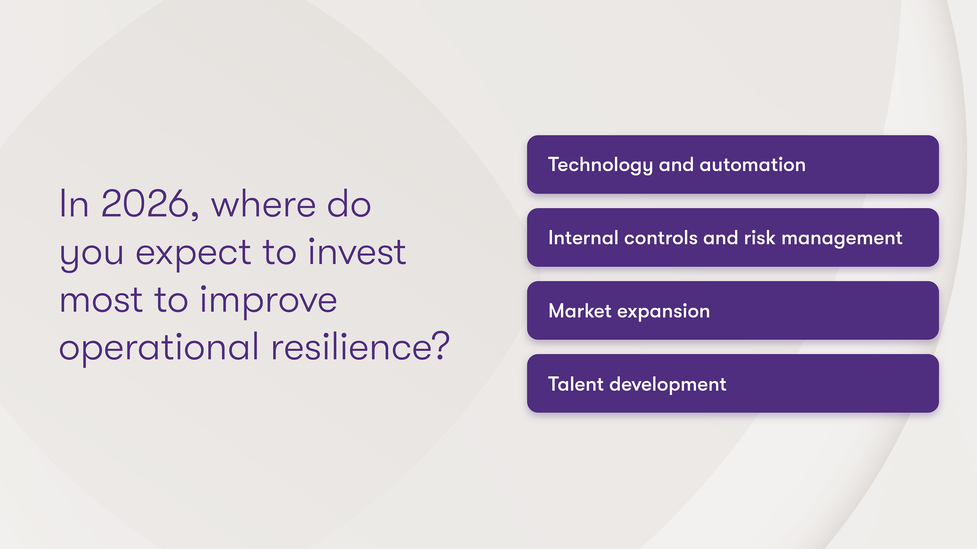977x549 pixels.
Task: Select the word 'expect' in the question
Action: [193, 253]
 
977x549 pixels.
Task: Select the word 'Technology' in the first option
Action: [600, 165]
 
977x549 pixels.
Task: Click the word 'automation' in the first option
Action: [753, 165]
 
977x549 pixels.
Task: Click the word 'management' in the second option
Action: [842, 239]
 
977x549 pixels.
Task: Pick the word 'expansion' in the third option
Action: [663, 312]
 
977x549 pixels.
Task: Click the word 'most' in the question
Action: [101, 300]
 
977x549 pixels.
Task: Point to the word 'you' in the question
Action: [92, 255]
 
